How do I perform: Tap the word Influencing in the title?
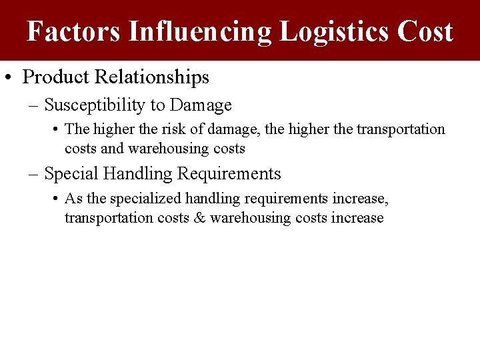(199, 31)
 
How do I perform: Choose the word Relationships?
(151, 77)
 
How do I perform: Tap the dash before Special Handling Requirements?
(34, 175)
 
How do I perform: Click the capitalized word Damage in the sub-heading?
(201, 105)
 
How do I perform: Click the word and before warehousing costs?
(112, 148)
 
